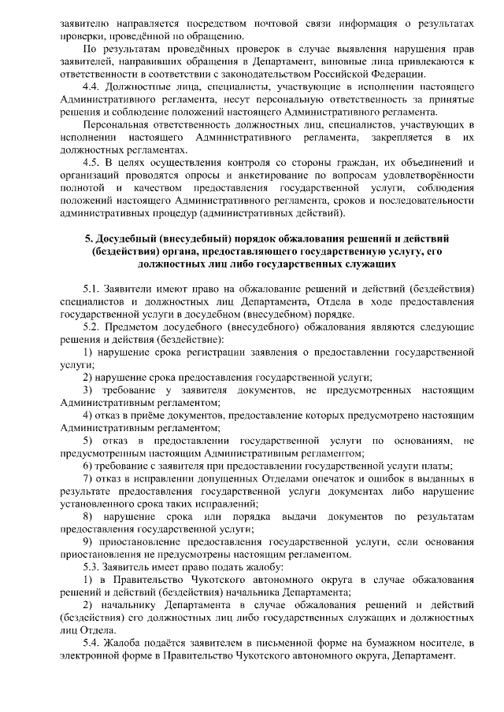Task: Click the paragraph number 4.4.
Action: [x=92, y=83]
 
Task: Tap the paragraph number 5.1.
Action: [x=93, y=290]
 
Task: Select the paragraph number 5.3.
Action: [x=93, y=566]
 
